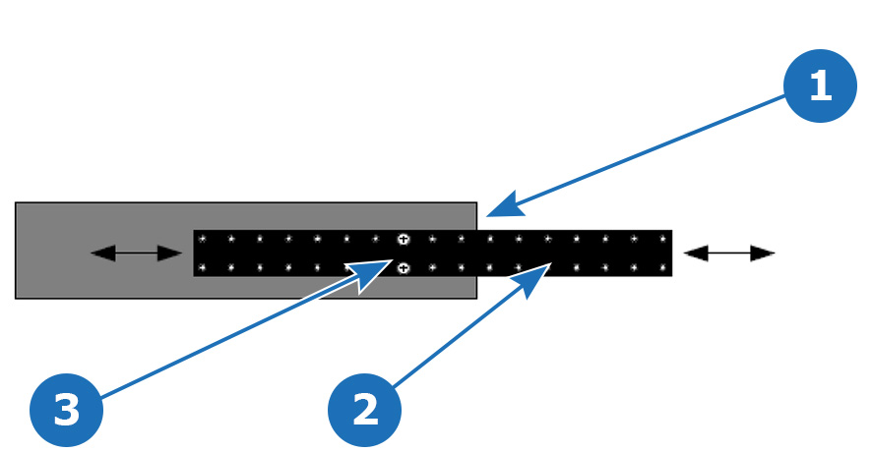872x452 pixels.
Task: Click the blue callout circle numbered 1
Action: click(820, 85)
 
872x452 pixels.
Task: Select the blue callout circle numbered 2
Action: click(364, 410)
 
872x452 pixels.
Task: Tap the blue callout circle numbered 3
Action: click(66, 410)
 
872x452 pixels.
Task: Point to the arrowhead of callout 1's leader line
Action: click(503, 205)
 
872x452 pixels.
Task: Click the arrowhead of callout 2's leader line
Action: click(531, 279)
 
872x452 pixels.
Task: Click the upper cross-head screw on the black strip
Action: click(404, 240)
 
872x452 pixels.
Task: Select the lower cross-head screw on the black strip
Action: click(404, 268)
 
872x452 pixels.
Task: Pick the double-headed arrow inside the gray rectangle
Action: click(136, 254)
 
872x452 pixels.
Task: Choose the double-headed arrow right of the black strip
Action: click(729, 254)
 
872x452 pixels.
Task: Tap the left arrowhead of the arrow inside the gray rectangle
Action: click(103, 254)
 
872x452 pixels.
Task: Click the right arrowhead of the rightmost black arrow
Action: click(763, 254)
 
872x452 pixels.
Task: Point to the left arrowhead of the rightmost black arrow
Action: click(696, 254)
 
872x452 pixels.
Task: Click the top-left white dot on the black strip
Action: click(203, 240)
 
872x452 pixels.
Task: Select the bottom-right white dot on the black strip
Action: click(663, 268)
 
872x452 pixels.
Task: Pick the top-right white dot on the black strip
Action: click(663, 240)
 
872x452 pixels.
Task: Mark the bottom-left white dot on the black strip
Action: click(203, 268)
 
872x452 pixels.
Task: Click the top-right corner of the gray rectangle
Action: click(476, 202)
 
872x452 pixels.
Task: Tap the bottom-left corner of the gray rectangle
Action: click(16, 299)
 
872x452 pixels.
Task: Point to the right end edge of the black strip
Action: click(672, 254)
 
